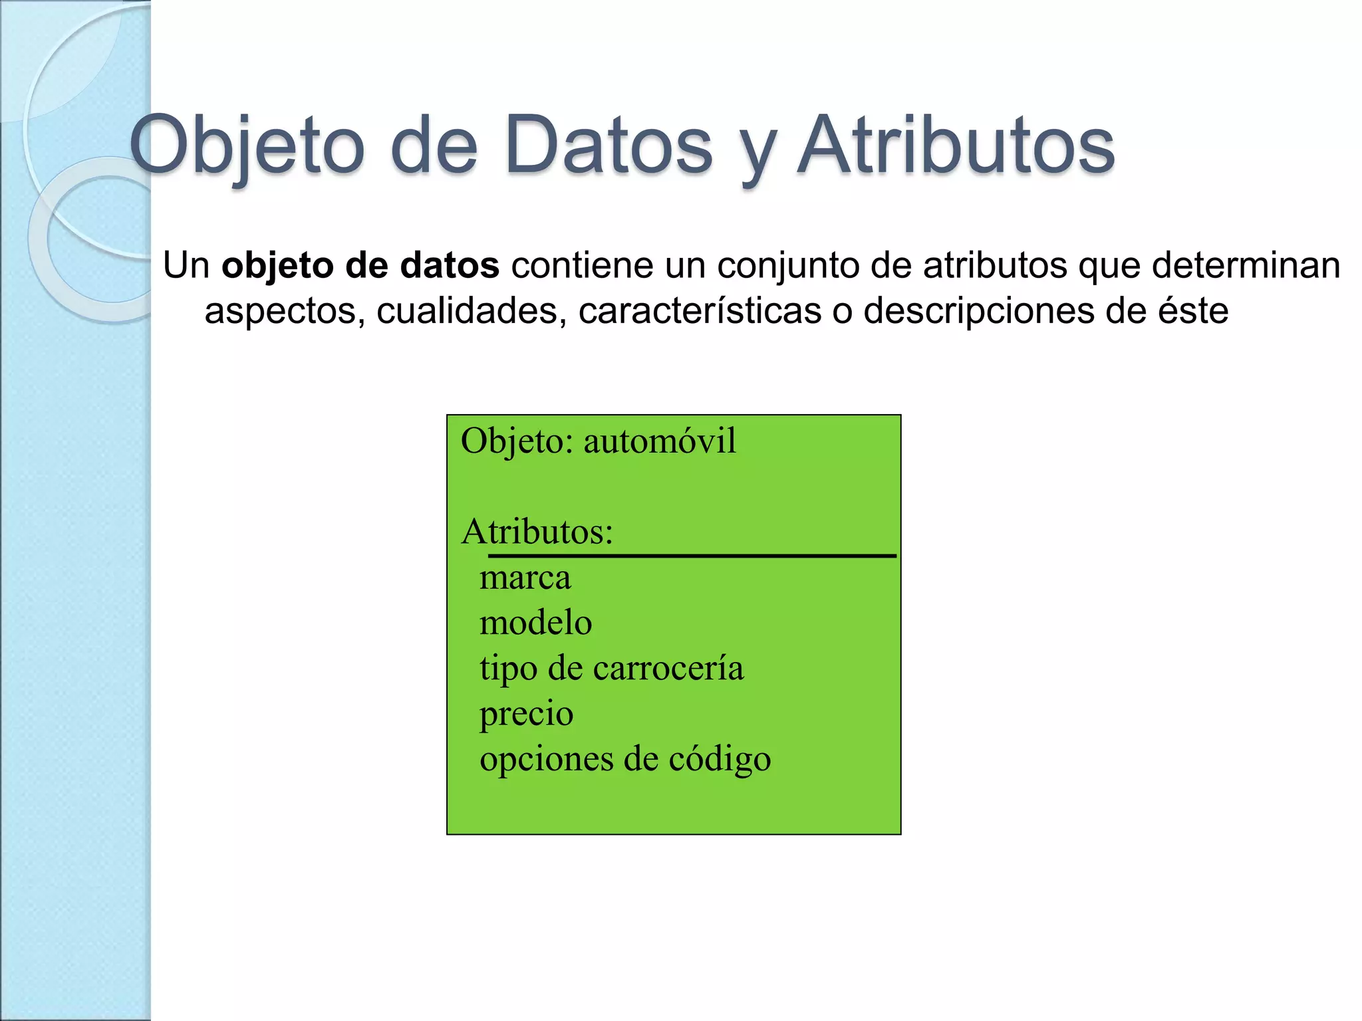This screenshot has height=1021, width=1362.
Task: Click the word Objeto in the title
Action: coord(247,146)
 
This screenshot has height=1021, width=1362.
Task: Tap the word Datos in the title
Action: coord(609,146)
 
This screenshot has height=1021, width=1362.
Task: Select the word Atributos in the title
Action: coord(956,146)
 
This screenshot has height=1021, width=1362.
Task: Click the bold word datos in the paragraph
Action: coord(450,265)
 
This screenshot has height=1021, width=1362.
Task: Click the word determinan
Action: coord(1246,265)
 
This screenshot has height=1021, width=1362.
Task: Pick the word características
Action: coord(700,310)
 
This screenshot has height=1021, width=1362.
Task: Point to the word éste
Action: coord(1193,310)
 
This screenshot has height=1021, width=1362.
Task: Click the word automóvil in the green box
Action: coord(660,441)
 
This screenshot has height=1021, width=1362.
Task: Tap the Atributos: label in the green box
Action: coord(537,532)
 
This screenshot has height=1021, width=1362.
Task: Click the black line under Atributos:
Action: coord(692,555)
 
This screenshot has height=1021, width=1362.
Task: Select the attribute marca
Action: coord(525,577)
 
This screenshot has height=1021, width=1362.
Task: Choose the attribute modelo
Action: coord(536,623)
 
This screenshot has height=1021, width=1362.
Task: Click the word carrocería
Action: coord(668,668)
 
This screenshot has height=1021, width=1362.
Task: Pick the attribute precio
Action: coord(527,714)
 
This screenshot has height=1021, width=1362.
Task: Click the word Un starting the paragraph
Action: coord(186,265)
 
